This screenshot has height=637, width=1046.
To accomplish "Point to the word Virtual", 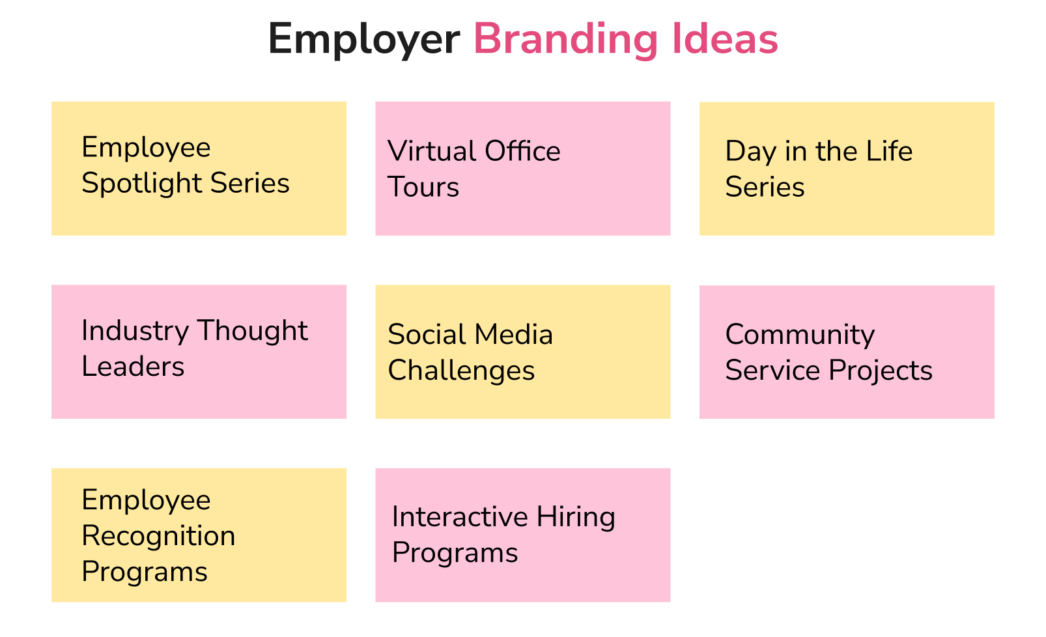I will pos(431,151).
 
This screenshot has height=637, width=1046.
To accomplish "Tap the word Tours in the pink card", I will pos(423,188).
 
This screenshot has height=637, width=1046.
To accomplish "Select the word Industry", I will pos(134,331).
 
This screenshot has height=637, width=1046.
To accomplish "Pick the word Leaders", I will pos(133,367).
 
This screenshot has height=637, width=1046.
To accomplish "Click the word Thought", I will pos(253,331).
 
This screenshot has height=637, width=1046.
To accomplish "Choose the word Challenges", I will pos(461,371).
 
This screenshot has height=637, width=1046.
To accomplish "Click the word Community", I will pos(800,335).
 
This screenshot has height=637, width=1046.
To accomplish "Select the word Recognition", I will pos(158,536).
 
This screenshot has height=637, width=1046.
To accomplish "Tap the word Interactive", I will pos(459,517).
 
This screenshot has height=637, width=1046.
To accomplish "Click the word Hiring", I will pos(576,517).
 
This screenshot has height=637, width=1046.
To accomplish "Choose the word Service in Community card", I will pos(772,371).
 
